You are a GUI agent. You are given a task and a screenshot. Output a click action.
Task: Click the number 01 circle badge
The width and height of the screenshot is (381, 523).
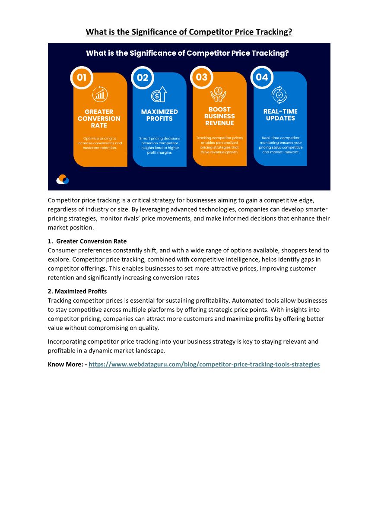pyautogui.click(x=82, y=78)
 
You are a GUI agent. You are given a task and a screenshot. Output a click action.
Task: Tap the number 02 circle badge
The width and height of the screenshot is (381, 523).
pyautogui.click(x=142, y=78)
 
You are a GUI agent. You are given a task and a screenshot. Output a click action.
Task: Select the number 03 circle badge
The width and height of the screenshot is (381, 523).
pyautogui.click(x=202, y=77)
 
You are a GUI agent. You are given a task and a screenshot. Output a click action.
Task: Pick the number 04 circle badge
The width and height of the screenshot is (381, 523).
pyautogui.click(x=262, y=77)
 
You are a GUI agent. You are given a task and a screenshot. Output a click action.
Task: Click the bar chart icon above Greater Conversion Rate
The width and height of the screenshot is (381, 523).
pyautogui.click(x=100, y=94)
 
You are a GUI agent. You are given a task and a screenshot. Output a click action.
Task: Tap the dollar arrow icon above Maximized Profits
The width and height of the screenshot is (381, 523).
pyautogui.click(x=159, y=94)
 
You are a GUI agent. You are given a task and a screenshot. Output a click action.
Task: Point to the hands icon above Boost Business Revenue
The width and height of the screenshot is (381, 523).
pyautogui.click(x=219, y=94)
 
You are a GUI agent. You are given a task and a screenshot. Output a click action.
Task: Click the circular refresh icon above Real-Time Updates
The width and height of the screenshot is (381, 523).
pyautogui.click(x=279, y=95)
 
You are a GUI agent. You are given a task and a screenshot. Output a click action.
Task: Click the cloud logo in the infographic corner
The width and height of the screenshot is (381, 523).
pyautogui.click(x=63, y=179)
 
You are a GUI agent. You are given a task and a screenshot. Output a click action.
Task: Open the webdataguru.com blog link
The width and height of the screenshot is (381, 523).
pyautogui.click(x=204, y=365)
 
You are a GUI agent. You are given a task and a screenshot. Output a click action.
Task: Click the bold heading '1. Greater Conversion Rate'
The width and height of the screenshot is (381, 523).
pyautogui.click(x=87, y=241)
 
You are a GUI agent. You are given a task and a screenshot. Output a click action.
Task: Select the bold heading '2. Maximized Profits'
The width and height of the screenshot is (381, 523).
pyautogui.click(x=77, y=292)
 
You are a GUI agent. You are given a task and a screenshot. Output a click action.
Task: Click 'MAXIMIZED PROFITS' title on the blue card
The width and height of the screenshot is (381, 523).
pyautogui.click(x=159, y=115)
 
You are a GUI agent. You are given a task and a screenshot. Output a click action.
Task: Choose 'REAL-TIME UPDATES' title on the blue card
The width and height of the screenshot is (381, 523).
pyautogui.click(x=280, y=115)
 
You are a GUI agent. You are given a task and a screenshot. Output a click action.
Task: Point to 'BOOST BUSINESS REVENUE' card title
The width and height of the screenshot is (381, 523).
pyautogui.click(x=219, y=116)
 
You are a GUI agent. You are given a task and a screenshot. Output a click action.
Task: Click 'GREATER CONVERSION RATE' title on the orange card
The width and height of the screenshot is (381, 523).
pyautogui.click(x=99, y=118)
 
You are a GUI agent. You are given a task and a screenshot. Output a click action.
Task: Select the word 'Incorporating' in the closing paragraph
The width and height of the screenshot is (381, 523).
pyautogui.click(x=67, y=342)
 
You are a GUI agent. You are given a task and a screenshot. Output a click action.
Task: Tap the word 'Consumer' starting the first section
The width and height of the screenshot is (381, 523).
pyautogui.click(x=61, y=250)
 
